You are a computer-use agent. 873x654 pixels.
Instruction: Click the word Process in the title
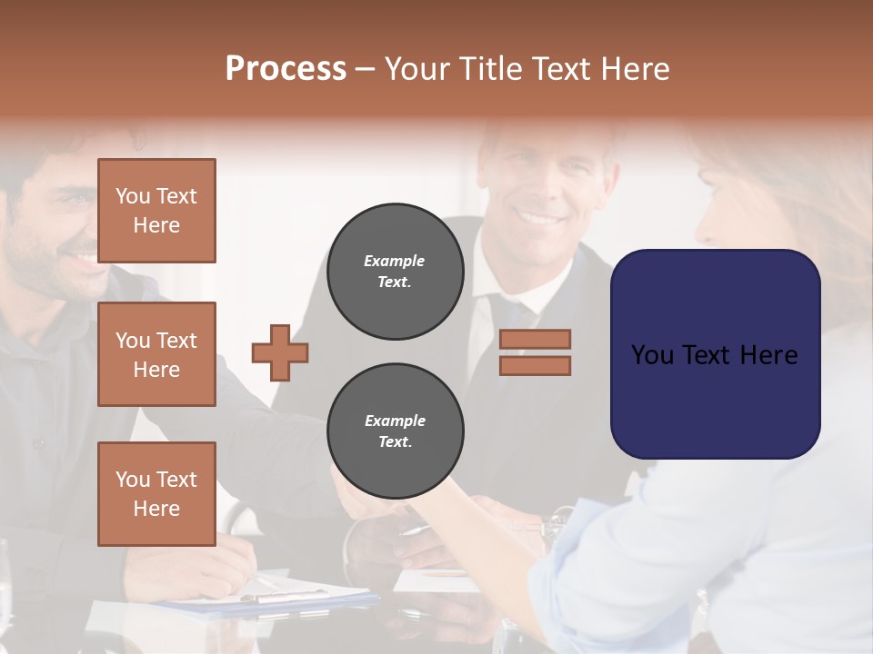pos(286,69)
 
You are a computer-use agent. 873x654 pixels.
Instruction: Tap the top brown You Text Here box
pos(156,211)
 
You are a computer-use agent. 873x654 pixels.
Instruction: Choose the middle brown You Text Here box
pos(156,354)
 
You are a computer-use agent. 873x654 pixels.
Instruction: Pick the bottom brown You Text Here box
pos(156,494)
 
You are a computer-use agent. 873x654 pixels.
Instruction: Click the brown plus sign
pos(280,352)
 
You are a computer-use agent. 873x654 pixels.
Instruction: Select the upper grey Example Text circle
pos(395,272)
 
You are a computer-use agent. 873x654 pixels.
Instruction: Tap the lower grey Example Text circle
pos(395,431)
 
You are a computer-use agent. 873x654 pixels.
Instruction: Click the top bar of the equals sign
pos(536,339)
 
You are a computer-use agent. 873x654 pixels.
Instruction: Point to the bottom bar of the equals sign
pos(536,365)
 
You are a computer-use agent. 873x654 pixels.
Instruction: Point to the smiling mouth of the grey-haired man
pos(538,219)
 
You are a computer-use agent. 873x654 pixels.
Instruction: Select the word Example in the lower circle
pos(395,421)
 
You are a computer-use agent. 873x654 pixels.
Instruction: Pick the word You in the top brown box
pos(133,196)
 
